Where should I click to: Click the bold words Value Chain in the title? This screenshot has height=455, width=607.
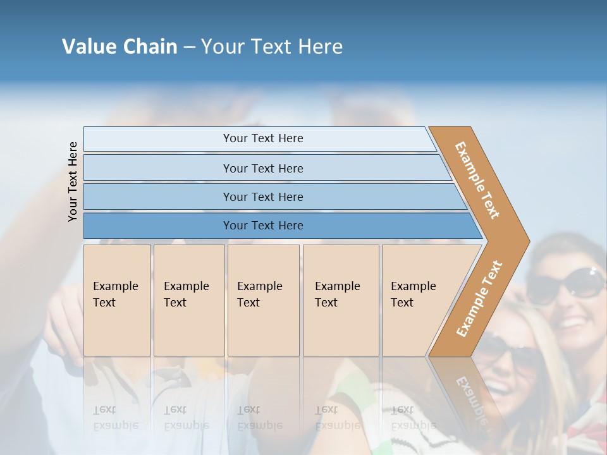point(120,47)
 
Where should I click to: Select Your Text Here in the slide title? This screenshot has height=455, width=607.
point(272,47)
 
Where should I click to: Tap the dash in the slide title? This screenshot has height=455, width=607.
point(189,47)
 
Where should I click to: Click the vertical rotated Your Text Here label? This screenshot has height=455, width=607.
point(73,181)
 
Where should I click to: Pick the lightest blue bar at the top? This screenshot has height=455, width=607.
point(262,138)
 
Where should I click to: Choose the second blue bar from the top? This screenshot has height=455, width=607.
point(262,168)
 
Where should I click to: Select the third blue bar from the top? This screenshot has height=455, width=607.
point(262,197)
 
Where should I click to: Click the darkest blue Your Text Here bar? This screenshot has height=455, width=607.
point(262,226)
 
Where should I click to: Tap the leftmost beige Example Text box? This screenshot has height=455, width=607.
point(117,300)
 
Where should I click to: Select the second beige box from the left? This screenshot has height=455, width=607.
point(188,300)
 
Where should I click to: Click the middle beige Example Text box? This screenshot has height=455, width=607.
point(263,300)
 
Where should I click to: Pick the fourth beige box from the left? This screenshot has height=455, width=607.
point(340,300)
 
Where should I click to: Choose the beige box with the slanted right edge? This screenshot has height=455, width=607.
point(417,300)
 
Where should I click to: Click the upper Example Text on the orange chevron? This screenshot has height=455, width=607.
point(477,180)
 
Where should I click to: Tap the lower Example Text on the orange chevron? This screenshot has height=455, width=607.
point(479,299)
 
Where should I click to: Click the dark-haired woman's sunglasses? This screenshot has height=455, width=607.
point(566,285)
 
